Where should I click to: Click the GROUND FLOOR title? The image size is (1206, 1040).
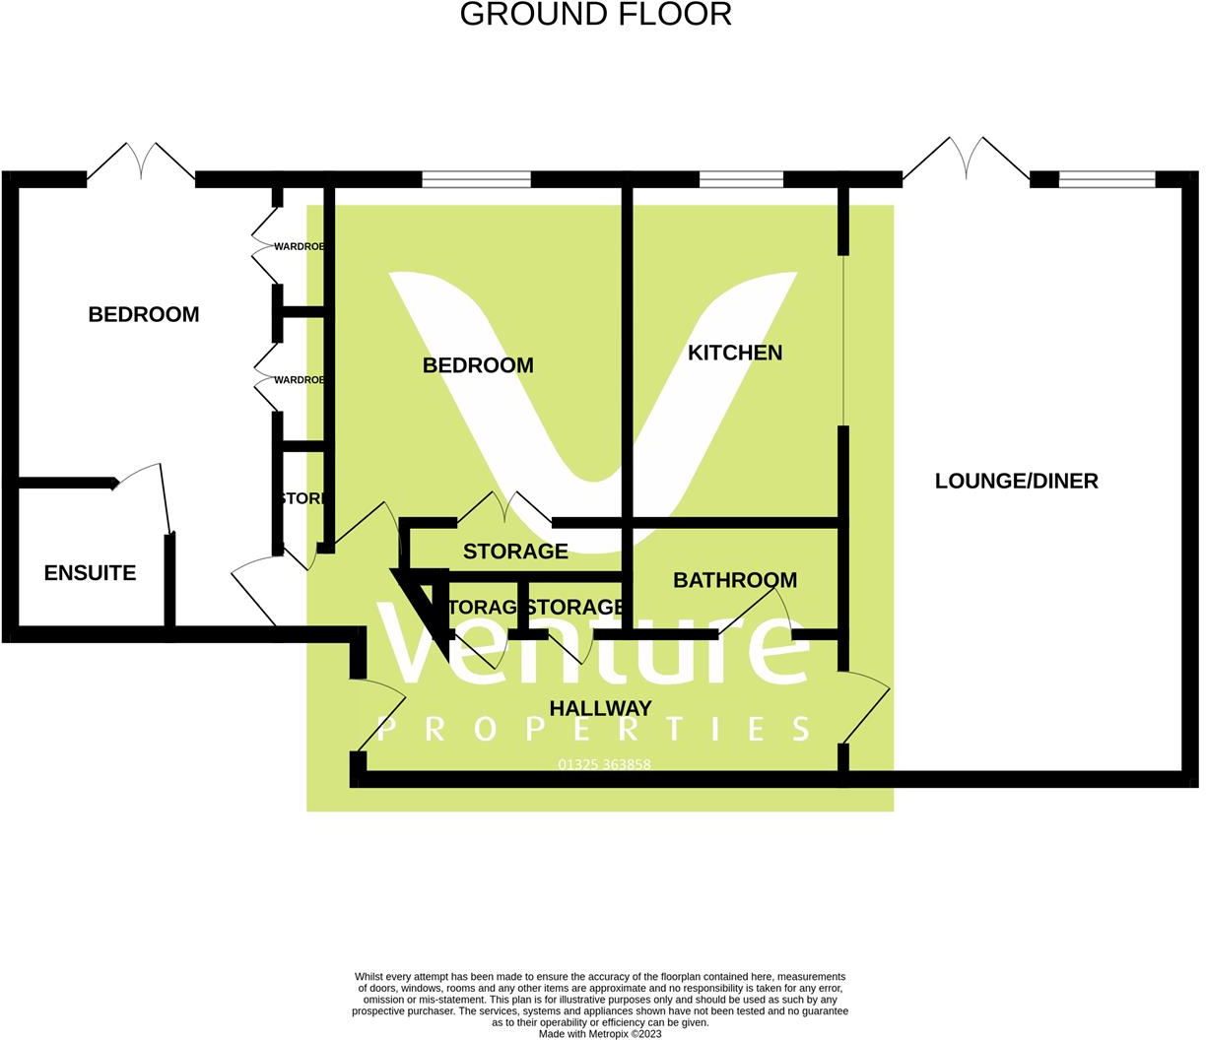click(x=595, y=15)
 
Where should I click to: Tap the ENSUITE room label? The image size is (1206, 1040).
click(x=90, y=573)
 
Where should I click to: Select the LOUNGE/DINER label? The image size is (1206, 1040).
click(x=1016, y=481)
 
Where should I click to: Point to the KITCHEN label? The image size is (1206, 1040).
click(x=735, y=353)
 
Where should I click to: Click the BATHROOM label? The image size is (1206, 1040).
click(x=735, y=580)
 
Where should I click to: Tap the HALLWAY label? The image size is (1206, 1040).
click(x=600, y=708)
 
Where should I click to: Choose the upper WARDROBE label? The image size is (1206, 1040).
click(x=300, y=246)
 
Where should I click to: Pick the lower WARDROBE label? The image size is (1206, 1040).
click(x=300, y=380)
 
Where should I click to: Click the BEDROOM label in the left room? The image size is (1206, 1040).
click(x=144, y=314)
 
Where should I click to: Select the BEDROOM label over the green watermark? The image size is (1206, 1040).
click(x=478, y=365)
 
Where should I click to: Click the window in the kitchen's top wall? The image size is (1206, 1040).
click(x=741, y=179)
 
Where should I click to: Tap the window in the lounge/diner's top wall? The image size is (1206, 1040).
click(x=1106, y=179)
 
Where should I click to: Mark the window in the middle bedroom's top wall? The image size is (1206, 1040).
click(x=476, y=179)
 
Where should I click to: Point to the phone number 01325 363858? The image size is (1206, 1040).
click(x=604, y=764)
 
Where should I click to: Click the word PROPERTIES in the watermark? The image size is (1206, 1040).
click(x=594, y=729)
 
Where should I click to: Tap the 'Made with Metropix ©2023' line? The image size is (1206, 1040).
click(x=600, y=1034)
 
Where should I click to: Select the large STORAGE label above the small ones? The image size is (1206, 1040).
click(x=515, y=552)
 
